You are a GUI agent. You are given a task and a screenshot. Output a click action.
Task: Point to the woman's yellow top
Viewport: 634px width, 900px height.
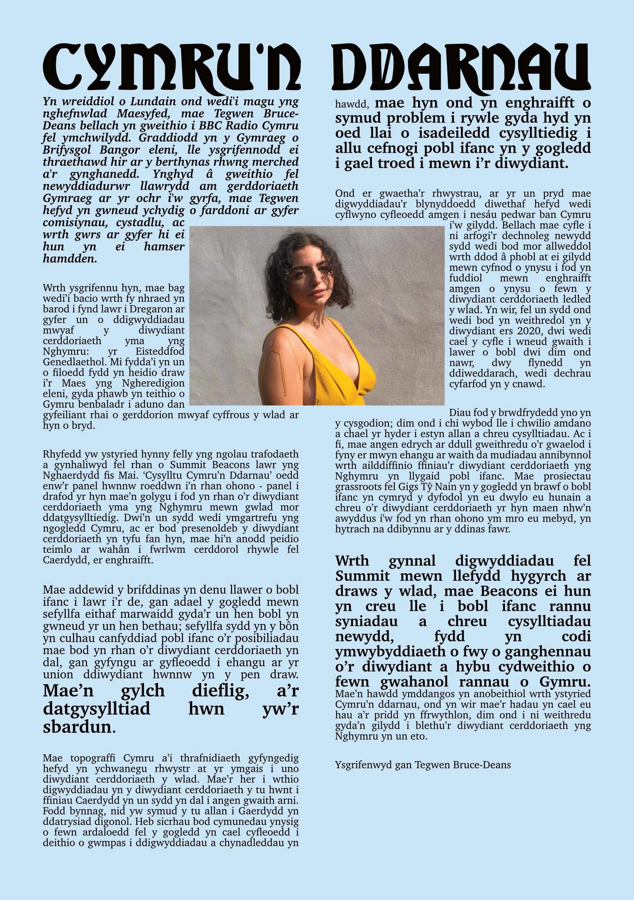348,376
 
